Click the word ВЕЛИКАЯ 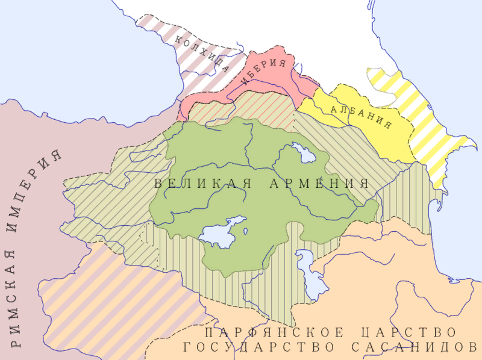(196, 184)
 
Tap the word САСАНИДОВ (410, 347)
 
